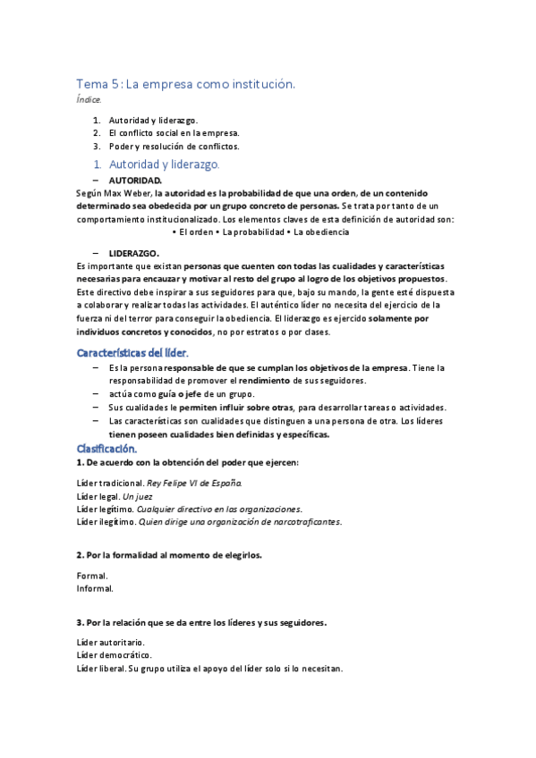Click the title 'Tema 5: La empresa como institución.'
[x=185, y=84]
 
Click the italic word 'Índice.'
[x=89, y=99]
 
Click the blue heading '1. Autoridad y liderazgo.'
[x=164, y=164]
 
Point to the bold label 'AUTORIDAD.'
[x=135, y=180]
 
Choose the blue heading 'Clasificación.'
[x=106, y=448]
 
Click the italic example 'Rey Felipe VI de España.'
[x=194, y=483]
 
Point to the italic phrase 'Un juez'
[x=138, y=495]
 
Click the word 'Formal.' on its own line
[x=92, y=576]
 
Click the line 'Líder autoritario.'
[x=111, y=643]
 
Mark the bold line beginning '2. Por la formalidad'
[x=169, y=555]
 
